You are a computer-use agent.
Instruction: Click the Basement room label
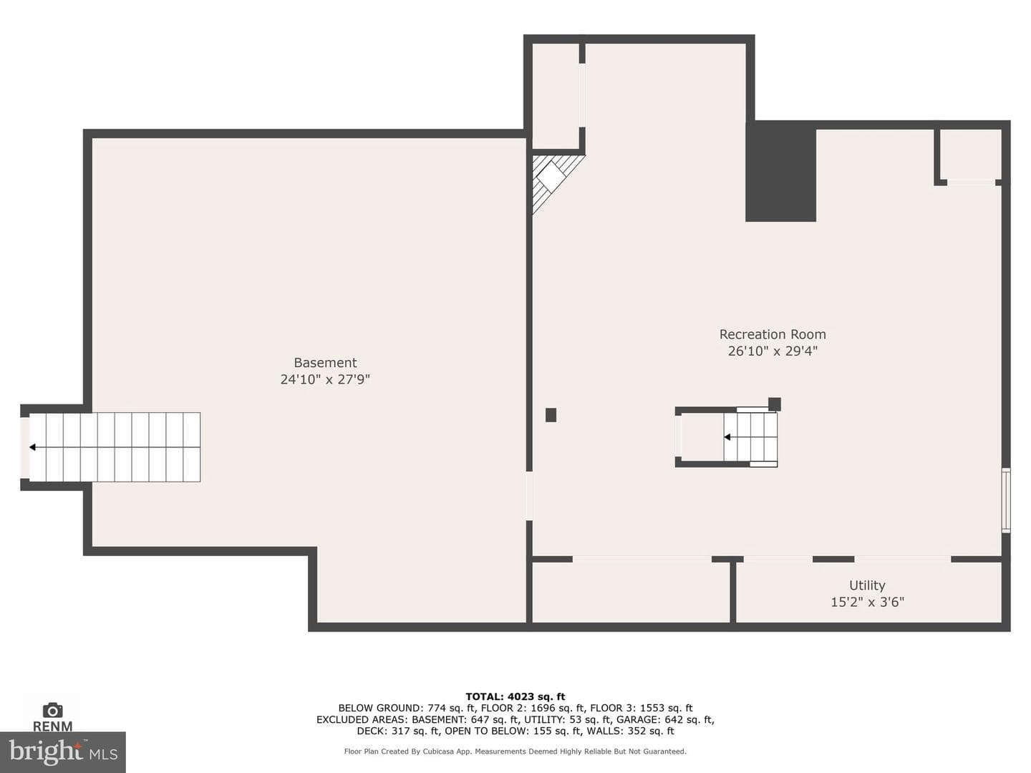325,362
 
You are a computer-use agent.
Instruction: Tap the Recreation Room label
773,334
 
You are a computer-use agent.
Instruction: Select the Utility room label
867,585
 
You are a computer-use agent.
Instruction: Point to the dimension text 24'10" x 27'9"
325,379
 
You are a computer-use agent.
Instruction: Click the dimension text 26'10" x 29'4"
773,351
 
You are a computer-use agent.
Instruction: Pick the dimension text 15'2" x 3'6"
868,602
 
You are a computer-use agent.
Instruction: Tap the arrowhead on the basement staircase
32,447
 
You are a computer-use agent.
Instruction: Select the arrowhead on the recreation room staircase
727,437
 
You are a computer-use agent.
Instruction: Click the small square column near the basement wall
551,415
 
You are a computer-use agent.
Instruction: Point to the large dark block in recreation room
780,171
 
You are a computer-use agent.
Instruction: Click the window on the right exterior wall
1006,500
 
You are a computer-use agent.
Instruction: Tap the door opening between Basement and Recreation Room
529,495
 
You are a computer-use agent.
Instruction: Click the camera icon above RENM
52,710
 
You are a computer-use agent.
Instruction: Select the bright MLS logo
63,752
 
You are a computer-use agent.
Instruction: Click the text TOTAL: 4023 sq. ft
515,696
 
